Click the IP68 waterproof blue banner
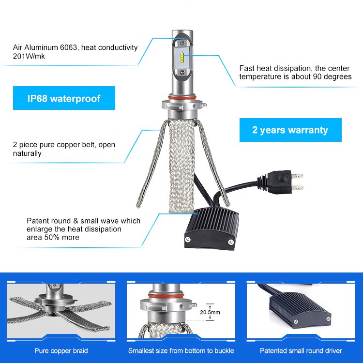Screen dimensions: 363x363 coord(64,98)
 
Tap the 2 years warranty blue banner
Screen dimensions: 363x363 coord(290,130)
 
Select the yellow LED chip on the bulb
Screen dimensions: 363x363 coord(182,58)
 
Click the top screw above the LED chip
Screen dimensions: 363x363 coord(182,43)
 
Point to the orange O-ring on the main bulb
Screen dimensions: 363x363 coord(182,97)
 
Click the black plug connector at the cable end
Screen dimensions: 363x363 coord(280,182)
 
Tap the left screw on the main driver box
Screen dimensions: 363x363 coord(188,239)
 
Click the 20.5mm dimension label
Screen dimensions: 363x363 coord(210,312)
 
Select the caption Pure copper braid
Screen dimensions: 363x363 coord(61,351)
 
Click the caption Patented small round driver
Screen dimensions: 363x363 coord(301,351)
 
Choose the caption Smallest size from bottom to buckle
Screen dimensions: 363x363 coord(181,351)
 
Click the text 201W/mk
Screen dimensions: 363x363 coord(29,56)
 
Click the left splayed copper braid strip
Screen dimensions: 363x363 coord(151,164)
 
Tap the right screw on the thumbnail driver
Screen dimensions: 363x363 coord(328,319)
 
